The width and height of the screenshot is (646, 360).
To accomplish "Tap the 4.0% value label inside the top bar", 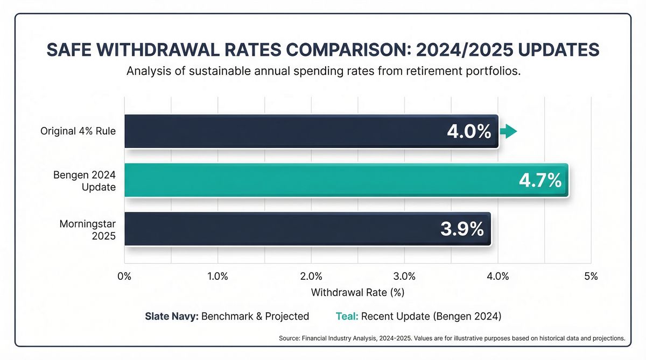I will click(x=469, y=132).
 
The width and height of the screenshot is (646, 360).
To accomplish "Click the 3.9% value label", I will click(x=462, y=229).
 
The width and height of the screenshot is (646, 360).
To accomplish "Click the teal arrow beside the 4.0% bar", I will click(x=509, y=131).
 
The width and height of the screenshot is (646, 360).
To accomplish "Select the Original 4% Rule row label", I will click(x=78, y=131).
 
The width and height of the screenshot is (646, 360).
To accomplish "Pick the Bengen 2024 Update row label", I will click(x=85, y=180).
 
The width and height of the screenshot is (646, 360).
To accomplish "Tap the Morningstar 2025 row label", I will click(x=88, y=229).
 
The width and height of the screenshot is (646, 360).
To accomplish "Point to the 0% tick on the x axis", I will click(x=124, y=277).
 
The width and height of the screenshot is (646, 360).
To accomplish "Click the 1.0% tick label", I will click(x=217, y=277).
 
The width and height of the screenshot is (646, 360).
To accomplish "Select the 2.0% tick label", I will click(x=311, y=277).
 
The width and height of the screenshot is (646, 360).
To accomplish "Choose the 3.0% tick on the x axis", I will click(x=404, y=277).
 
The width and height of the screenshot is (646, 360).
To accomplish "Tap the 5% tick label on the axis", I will click(x=591, y=277).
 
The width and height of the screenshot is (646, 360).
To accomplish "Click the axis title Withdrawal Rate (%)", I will click(x=357, y=293).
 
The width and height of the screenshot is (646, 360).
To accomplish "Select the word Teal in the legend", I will click(x=347, y=316).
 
